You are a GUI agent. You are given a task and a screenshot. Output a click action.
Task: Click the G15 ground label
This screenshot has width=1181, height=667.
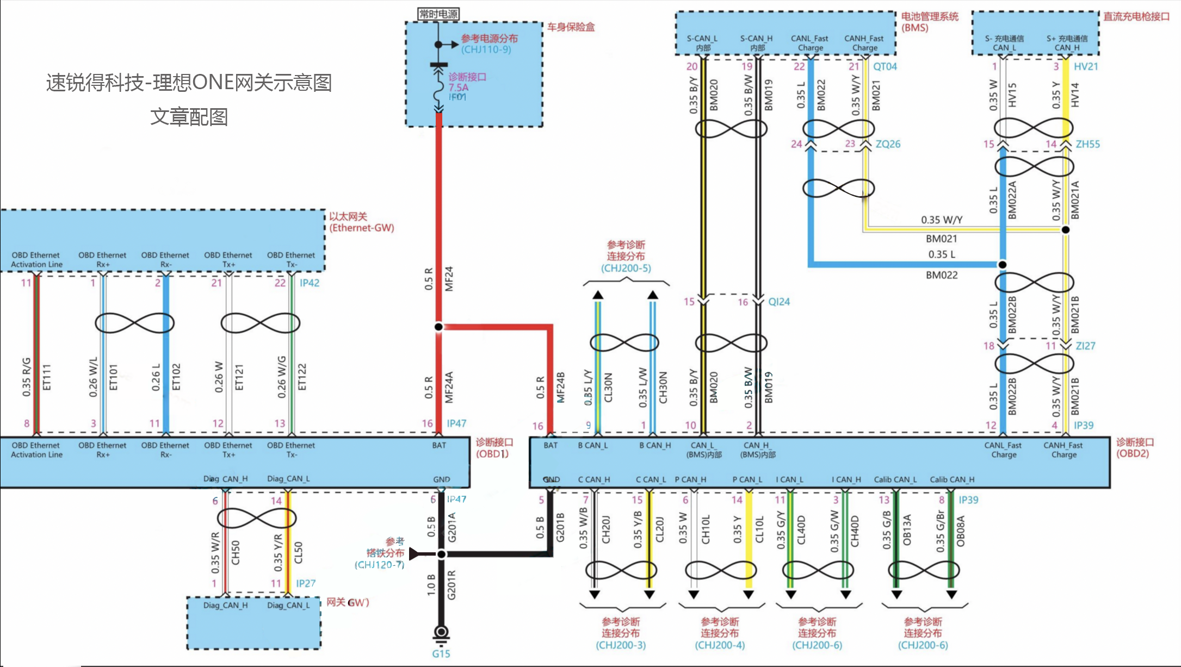point(441,653)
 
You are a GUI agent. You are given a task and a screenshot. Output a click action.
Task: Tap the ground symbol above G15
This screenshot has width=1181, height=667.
point(441,633)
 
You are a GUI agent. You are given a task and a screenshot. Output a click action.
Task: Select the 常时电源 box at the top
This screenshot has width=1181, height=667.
point(438,14)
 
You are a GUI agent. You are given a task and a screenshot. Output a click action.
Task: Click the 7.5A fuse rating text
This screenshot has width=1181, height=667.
point(459,88)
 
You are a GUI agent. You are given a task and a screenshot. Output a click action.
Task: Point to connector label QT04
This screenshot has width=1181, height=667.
point(885,67)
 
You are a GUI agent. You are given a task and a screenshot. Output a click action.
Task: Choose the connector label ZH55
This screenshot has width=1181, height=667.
point(1088,144)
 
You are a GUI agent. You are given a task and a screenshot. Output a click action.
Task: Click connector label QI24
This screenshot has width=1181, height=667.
point(779,302)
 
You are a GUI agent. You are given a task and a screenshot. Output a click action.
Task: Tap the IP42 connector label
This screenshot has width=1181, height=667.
point(310,283)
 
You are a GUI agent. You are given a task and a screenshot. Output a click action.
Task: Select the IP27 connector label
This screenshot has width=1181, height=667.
point(306,583)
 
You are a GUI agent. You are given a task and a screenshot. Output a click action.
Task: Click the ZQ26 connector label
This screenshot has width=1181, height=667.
point(888,144)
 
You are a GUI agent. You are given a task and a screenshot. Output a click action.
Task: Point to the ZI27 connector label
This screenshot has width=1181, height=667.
point(1086,346)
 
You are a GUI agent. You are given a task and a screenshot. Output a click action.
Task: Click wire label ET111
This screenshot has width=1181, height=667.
point(47,377)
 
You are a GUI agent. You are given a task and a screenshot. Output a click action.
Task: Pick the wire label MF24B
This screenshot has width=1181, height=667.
point(561,387)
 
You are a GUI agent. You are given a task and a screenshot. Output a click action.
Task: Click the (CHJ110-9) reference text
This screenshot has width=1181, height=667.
point(486,49)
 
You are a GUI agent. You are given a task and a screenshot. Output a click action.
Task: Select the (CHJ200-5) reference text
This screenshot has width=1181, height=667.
point(626,268)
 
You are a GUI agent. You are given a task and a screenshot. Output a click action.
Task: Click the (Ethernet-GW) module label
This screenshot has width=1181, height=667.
point(362,228)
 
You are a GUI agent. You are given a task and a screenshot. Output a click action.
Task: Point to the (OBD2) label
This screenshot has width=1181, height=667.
point(1133,453)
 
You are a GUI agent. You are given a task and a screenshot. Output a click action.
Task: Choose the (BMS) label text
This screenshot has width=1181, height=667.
point(915,28)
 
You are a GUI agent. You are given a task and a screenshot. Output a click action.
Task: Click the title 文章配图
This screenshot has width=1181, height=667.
point(189,117)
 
